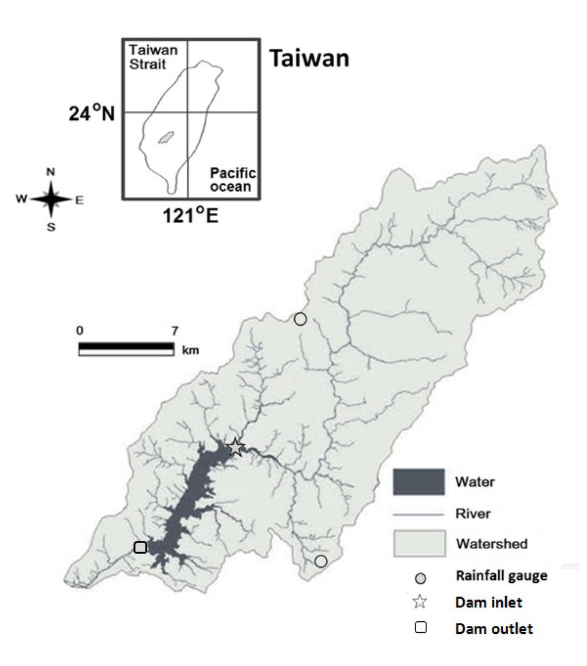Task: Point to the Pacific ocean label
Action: (232, 180)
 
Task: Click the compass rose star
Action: (51, 199)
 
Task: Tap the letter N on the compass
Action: (50, 172)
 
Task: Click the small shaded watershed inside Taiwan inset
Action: (166, 137)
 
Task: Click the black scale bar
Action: (126, 346)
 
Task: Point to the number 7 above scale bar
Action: (174, 331)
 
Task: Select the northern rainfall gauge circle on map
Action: (300, 319)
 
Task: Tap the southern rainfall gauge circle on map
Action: (321, 561)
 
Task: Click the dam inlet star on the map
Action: (235, 447)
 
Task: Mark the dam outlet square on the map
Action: (140, 547)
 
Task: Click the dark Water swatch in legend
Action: (418, 482)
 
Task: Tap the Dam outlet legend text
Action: (494, 629)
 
